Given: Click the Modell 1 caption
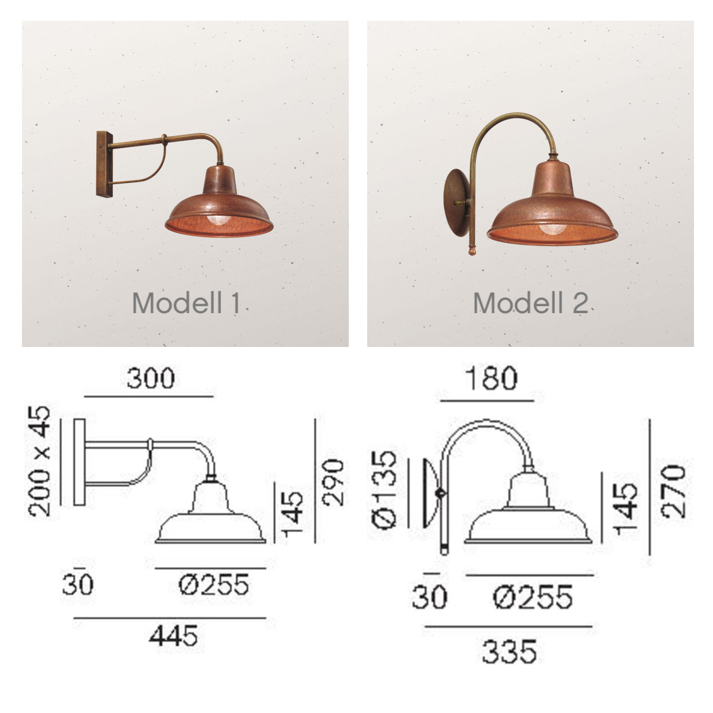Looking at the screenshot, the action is (186, 303).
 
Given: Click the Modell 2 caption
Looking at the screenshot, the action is (530, 303).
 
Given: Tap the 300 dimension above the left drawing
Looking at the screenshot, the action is (150, 378).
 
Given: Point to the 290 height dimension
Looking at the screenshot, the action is (333, 482).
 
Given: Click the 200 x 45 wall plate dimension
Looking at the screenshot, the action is (40, 461).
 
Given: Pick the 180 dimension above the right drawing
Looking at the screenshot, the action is (491, 378).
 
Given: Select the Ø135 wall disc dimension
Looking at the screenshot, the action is (384, 489).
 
